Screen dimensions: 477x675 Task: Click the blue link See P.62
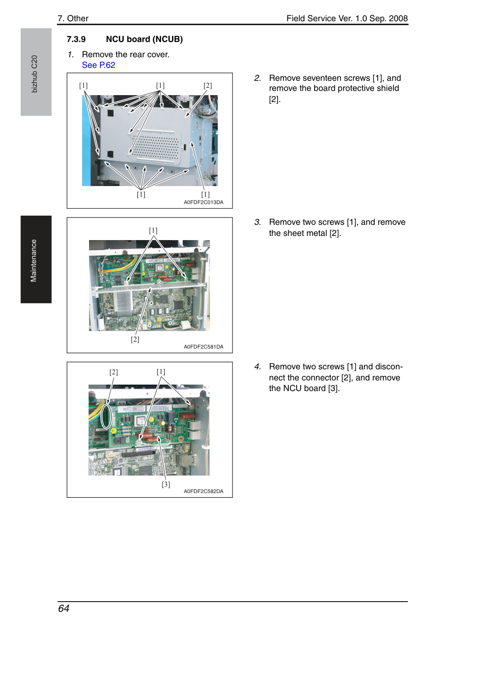click(98, 65)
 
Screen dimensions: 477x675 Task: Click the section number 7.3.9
click(76, 39)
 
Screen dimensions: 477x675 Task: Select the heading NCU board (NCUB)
click(144, 39)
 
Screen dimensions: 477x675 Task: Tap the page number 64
click(64, 609)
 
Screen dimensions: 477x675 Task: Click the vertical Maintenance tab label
click(33, 261)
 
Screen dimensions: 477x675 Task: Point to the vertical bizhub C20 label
click(34, 74)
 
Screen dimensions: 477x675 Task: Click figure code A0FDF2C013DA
click(203, 202)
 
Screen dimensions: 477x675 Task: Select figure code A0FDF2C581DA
click(203, 347)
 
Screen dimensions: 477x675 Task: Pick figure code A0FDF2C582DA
click(203, 491)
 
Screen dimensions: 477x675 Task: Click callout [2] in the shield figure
click(208, 85)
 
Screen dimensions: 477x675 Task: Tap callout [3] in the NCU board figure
click(166, 484)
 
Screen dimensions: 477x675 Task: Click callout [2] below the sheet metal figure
click(135, 339)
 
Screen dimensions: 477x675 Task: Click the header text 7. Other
click(73, 18)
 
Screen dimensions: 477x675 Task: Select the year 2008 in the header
click(398, 18)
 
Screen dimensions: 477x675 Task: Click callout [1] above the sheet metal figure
click(153, 230)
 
